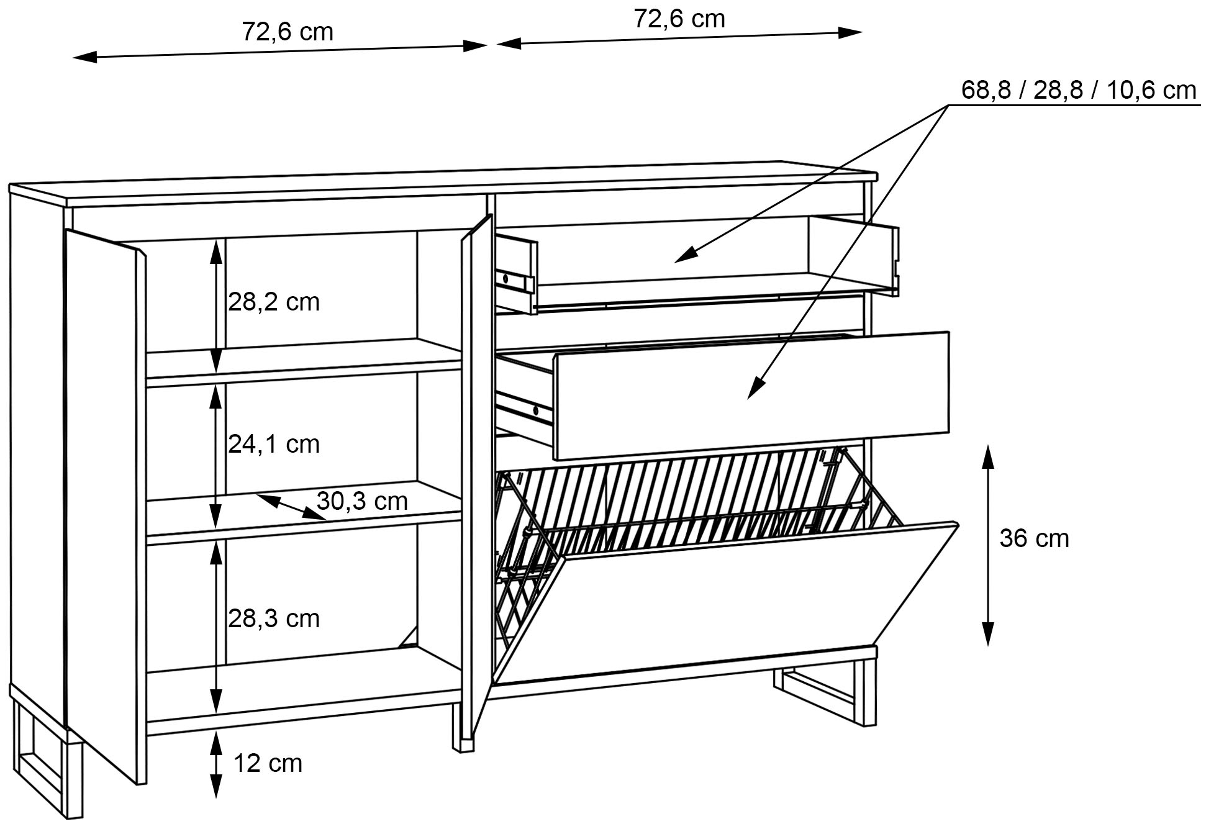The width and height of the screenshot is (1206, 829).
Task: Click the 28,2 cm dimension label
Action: (273, 302)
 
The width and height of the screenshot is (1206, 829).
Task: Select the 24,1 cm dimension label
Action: (273, 445)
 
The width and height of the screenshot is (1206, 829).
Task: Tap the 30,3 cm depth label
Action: (361, 501)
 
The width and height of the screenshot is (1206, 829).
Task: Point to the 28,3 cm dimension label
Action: (273, 619)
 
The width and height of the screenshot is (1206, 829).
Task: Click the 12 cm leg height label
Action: (268, 764)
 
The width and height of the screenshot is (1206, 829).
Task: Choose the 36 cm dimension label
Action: (1034, 538)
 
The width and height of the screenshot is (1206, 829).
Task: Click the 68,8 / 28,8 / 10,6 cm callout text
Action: (1078, 91)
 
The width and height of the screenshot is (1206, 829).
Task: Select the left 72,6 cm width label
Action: (287, 32)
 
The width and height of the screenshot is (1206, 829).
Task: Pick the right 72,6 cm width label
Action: (679, 19)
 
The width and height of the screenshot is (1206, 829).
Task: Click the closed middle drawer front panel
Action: (751, 396)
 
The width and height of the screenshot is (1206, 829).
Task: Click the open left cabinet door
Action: (102, 497)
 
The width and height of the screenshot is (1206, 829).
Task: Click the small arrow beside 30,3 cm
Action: (289, 506)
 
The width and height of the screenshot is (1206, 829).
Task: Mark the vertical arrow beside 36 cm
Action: (988, 545)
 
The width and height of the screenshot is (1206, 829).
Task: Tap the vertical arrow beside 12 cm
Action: (215, 764)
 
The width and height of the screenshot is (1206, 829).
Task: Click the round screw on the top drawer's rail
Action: (506, 279)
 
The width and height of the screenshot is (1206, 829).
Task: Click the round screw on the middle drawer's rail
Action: (536, 410)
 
